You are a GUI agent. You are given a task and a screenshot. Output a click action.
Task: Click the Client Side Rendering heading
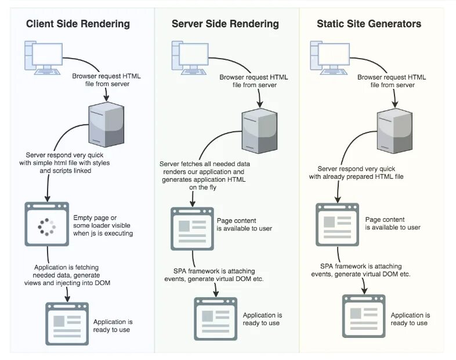click(78, 24)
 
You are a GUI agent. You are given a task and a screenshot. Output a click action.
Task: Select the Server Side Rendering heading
click(225, 24)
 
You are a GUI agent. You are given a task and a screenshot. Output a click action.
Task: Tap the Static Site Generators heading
click(369, 24)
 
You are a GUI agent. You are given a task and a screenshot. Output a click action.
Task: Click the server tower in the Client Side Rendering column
click(106, 124)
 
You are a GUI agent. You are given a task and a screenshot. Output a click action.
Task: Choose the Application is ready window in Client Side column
click(67, 323)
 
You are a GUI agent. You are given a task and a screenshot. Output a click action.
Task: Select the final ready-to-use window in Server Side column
click(215, 318)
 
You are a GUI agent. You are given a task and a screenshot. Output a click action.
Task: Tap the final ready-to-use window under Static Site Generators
click(364, 316)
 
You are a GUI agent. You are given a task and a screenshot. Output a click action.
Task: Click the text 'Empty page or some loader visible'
click(103, 221)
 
